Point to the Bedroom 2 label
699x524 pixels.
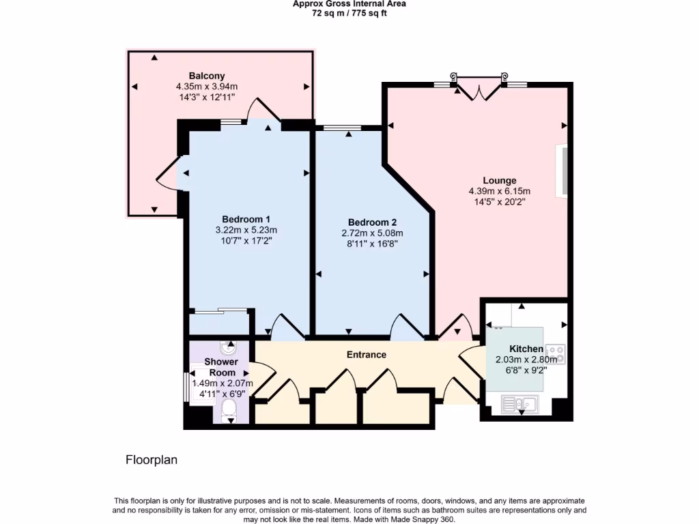(x=372, y=222)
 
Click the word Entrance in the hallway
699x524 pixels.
(x=367, y=355)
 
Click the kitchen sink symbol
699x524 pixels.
(x=521, y=405)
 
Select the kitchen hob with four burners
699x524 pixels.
(x=556, y=353)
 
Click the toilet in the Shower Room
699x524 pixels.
(x=229, y=410)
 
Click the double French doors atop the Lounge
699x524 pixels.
(x=479, y=89)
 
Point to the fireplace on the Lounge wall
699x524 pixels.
(x=564, y=171)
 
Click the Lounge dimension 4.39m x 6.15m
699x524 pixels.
(x=499, y=191)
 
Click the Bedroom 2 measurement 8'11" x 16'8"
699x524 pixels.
(x=372, y=244)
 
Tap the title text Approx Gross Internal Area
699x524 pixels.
(x=349, y=4)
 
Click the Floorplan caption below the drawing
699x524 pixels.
(x=152, y=460)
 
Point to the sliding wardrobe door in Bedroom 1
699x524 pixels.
(x=218, y=312)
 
